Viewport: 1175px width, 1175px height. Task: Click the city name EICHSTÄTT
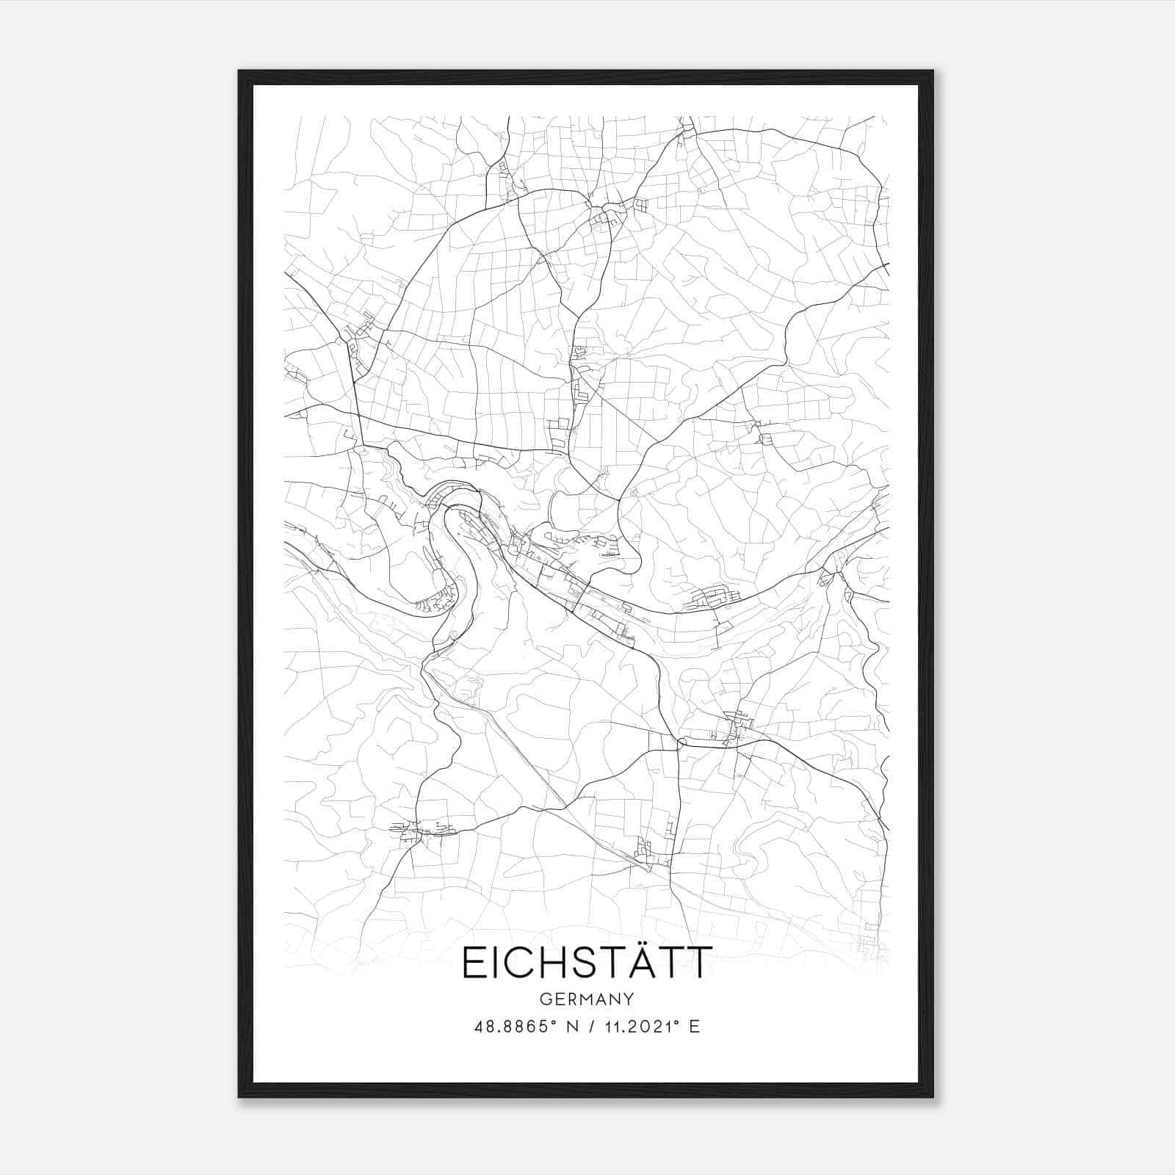[x=587, y=963]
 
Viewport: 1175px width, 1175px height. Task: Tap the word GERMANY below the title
[x=587, y=999]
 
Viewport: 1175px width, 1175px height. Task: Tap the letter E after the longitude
[x=694, y=1027]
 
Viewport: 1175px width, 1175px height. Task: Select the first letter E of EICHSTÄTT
[x=472, y=963]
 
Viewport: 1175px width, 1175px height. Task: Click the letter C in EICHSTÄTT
[x=514, y=963]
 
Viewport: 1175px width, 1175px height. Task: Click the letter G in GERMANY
[x=544, y=999]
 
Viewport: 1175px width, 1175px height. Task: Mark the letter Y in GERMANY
[x=629, y=999]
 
